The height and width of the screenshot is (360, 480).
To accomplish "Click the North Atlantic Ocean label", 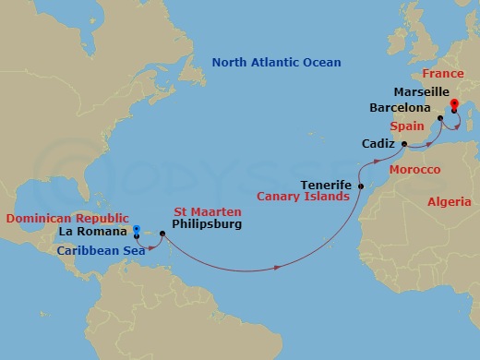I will coord(276,63).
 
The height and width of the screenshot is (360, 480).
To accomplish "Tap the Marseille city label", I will coord(421,92).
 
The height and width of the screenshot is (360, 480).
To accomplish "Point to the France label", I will coord(442,72).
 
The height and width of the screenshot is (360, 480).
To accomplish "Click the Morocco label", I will coord(414,170).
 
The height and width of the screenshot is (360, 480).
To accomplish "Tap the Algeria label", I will coord(450,201).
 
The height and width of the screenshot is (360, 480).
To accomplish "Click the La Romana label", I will coord(99,232).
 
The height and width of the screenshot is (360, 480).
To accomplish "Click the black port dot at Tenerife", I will coord(360,187).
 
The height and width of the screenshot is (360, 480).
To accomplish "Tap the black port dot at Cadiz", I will coord(405,145).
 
